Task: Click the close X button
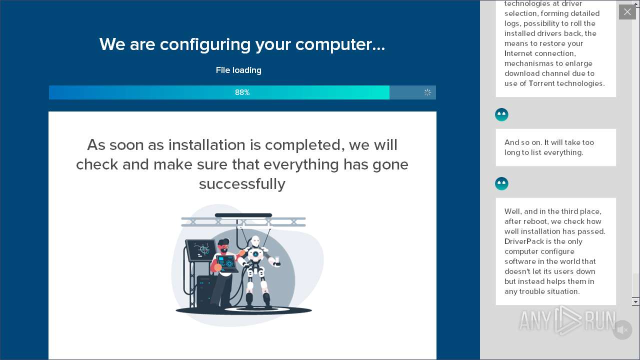(627, 12)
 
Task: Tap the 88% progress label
(242, 92)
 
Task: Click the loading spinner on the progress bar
(427, 92)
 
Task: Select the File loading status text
(238, 70)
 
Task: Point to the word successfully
(242, 184)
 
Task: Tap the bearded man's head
(223, 246)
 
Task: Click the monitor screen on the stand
(201, 250)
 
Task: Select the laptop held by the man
(227, 263)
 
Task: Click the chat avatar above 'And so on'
(501, 115)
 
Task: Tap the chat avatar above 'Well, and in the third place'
(501, 183)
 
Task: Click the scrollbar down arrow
(635, 301)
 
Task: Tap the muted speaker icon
(622, 330)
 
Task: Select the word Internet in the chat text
(519, 53)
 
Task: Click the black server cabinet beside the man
(206, 292)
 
